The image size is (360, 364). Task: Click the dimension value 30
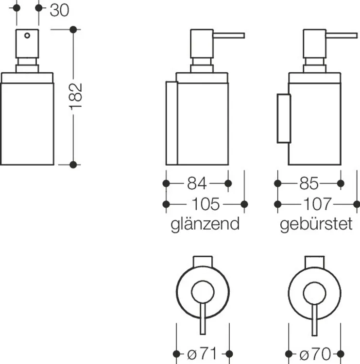pos(59,10)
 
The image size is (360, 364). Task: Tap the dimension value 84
pos(197,183)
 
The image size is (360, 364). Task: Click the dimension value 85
pos(309,183)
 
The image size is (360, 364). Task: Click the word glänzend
pos(205,224)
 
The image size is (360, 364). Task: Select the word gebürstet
pos(316,224)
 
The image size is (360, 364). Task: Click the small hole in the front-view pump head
pos(27,35)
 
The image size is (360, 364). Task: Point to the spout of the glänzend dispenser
pos(229,35)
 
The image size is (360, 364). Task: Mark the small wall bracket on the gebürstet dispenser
pos(283,118)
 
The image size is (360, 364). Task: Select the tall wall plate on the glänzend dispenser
pos(171,123)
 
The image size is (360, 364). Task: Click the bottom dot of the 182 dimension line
pos(73,165)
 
